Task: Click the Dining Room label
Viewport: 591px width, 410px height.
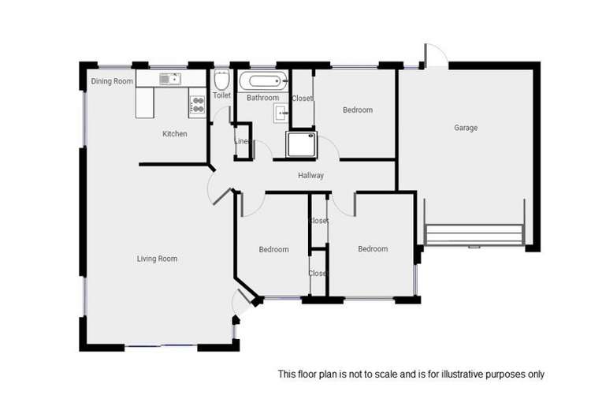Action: coord(112,81)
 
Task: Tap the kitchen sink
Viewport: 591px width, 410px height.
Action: coord(169,79)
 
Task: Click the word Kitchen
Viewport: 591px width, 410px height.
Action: coord(175,134)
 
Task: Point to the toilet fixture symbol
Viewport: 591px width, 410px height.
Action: coord(221,80)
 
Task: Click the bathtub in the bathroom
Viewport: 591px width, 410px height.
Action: coord(263,81)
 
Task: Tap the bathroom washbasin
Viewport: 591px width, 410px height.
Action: coord(282,114)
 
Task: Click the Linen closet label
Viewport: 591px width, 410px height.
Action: coord(241,142)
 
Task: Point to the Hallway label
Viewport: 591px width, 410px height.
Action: coord(310,176)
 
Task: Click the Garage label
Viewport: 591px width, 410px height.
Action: coord(466,128)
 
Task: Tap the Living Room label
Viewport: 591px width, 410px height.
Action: coord(157,259)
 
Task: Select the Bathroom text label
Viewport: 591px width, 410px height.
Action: coord(262,98)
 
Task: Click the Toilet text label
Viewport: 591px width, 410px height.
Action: coord(221,96)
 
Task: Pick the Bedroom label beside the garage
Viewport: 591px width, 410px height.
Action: coord(357,110)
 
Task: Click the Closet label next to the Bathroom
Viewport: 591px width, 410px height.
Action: coord(303,99)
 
